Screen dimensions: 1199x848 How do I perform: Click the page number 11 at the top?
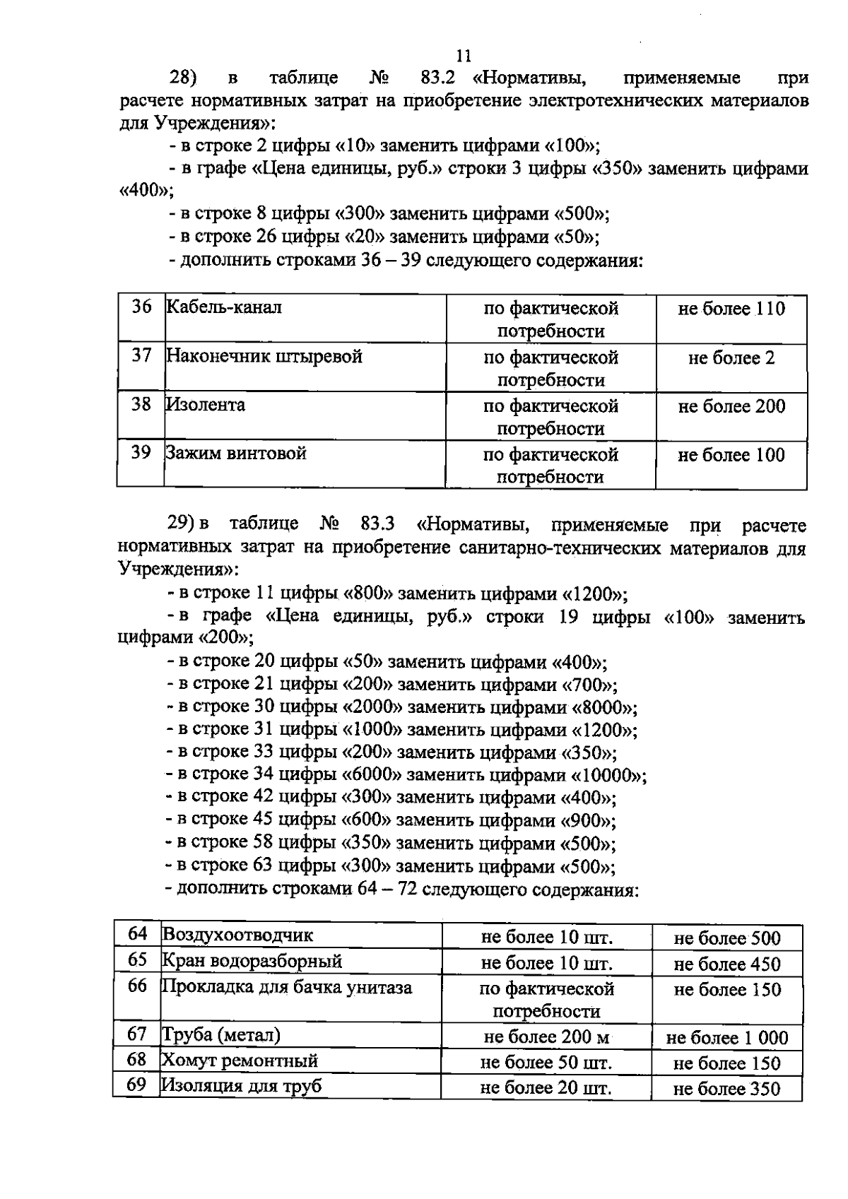(464, 55)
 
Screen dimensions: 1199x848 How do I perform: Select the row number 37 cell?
(141, 355)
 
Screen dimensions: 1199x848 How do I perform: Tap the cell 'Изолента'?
(206, 405)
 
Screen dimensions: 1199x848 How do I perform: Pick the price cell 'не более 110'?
(731, 309)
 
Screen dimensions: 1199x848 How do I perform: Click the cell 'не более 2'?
(731, 358)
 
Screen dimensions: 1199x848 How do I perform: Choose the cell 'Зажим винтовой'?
(236, 453)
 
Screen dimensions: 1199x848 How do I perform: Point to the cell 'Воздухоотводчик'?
(237, 935)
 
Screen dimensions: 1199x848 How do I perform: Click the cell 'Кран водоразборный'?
(252, 961)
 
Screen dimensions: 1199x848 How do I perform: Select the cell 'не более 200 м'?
(546, 1037)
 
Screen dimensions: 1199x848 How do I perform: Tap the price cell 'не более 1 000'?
(727, 1038)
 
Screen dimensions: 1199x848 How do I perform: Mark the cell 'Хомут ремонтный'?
(240, 1061)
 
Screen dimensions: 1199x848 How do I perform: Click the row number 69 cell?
(136, 1085)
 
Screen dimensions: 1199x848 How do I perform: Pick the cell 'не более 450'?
(727, 964)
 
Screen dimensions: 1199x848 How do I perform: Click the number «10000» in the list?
(608, 775)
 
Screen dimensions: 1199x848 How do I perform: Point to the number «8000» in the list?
(603, 707)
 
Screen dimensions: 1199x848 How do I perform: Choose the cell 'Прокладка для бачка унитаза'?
(287, 986)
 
